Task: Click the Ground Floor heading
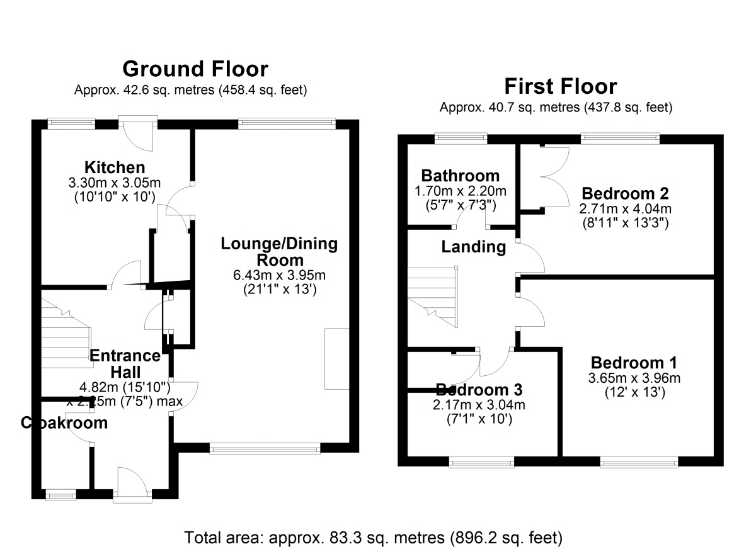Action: [x=195, y=69]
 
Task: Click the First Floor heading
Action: [x=561, y=86]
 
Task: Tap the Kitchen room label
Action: [x=115, y=167]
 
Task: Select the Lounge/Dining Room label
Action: [x=279, y=251]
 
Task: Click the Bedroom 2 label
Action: [x=625, y=193]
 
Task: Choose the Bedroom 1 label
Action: [x=634, y=363]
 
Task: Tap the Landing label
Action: [x=473, y=247]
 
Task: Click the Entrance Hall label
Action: [x=124, y=363]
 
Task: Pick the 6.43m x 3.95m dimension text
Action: [x=279, y=275]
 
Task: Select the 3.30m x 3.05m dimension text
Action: [x=115, y=183]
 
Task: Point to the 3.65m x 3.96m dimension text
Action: [x=634, y=378]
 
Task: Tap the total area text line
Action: [x=373, y=538]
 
